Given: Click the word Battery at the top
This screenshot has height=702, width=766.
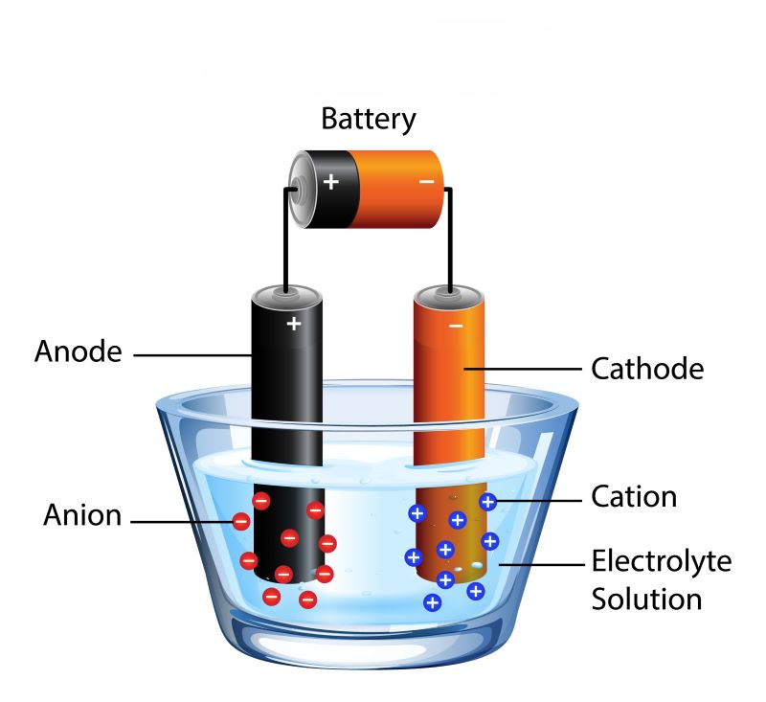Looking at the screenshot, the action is pos(369,120).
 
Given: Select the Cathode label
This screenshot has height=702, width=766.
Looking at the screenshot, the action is pos(647,368).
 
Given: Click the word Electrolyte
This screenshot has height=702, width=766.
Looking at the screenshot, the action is pos(661,560).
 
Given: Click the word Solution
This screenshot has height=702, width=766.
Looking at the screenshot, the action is pos(646,600).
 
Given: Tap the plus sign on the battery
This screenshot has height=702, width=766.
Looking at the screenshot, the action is pos(331,180).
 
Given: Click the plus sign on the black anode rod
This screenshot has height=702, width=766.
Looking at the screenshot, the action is pos(294,324).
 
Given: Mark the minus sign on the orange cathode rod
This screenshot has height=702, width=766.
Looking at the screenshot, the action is pos(455,326).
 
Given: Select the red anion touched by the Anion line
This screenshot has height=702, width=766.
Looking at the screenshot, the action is pos(240,522).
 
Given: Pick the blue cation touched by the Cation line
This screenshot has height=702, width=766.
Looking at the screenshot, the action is pos(487,501).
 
